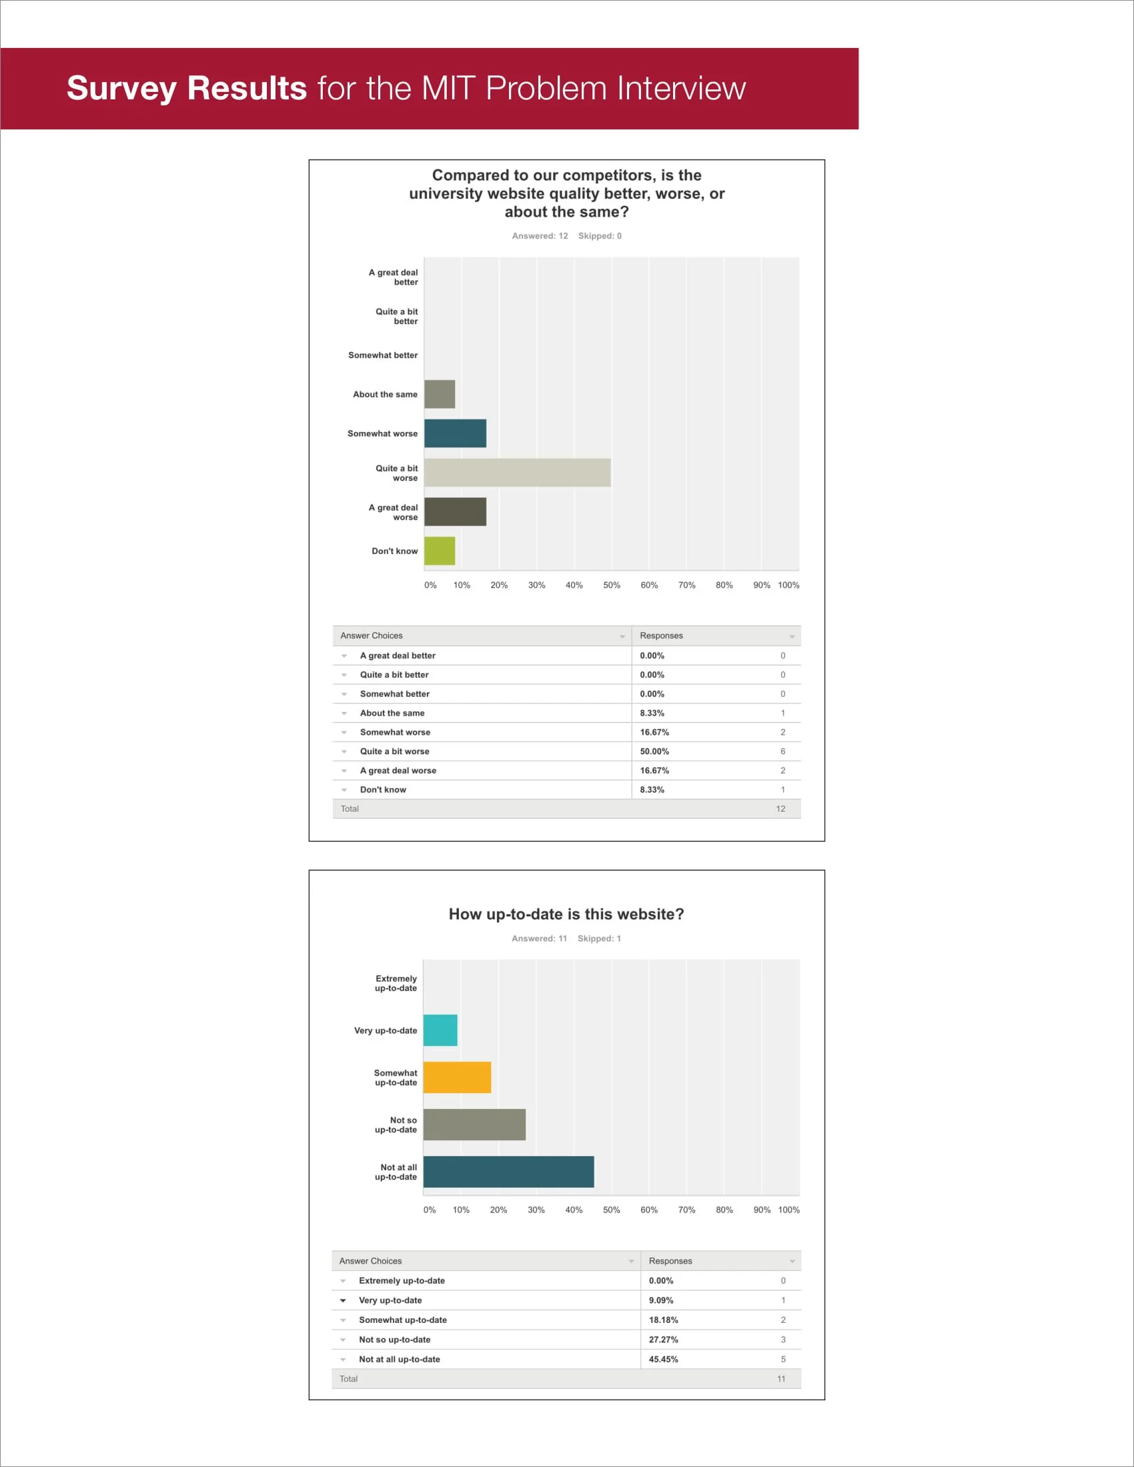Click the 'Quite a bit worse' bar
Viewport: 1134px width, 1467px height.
click(516, 473)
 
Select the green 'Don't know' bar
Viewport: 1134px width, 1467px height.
click(440, 551)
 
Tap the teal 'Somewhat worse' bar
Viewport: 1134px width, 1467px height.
click(455, 433)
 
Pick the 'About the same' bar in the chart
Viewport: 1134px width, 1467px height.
click(440, 394)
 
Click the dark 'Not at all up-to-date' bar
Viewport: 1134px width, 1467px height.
click(508, 1172)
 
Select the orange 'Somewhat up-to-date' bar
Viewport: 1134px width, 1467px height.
click(457, 1078)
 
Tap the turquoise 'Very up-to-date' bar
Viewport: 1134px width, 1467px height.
click(440, 1030)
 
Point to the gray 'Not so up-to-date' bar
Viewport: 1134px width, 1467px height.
click(474, 1124)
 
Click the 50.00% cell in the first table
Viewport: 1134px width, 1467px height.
click(654, 751)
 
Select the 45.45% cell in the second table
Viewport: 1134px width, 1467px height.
click(663, 1359)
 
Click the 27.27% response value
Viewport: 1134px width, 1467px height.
click(663, 1340)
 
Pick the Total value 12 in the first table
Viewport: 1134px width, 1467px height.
click(780, 809)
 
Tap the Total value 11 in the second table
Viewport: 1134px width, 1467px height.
click(780, 1379)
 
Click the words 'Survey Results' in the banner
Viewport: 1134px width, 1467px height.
click(187, 88)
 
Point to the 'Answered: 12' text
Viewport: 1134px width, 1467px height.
click(540, 236)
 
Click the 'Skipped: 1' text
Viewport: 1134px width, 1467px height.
click(598, 938)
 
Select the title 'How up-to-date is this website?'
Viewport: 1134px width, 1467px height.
click(566, 914)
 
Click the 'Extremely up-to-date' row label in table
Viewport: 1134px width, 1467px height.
click(402, 1281)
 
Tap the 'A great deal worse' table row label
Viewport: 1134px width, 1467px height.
click(398, 770)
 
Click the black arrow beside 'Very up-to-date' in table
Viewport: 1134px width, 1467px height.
click(343, 1300)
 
